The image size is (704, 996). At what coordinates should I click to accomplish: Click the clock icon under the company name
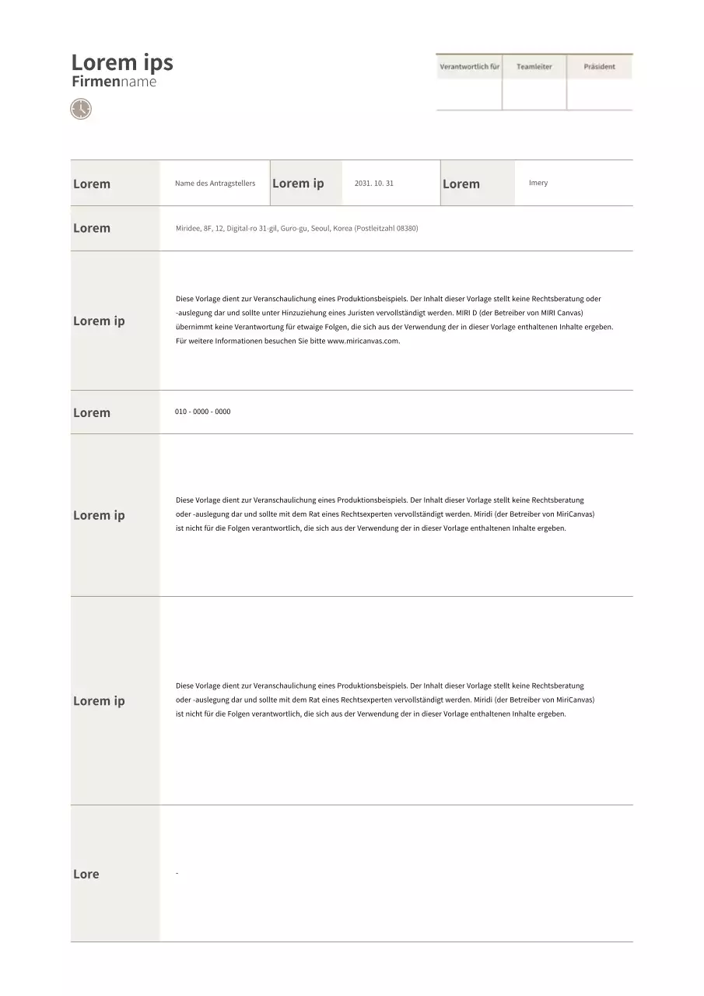(x=81, y=109)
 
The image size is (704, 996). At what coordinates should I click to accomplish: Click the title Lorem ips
(x=122, y=62)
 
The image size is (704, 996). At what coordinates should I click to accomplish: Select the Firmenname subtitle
(x=114, y=82)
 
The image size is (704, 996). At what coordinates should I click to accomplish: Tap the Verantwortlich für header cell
(x=469, y=67)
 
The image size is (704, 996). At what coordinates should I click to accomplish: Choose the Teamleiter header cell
(x=534, y=67)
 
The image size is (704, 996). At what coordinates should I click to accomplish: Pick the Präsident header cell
(x=599, y=67)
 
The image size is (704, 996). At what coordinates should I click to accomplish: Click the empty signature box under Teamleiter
(x=534, y=94)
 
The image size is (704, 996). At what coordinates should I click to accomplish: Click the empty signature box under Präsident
(x=599, y=94)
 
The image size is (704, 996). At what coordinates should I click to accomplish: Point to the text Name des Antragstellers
(x=215, y=184)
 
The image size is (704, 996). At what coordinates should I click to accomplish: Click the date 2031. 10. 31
(x=374, y=184)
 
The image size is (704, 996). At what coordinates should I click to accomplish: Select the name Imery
(x=538, y=183)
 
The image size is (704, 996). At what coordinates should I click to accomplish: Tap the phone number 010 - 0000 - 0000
(x=202, y=412)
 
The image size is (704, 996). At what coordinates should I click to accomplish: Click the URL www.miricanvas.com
(x=363, y=341)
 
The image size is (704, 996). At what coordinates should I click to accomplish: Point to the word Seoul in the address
(x=320, y=229)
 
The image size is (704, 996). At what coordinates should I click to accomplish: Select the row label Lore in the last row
(x=86, y=874)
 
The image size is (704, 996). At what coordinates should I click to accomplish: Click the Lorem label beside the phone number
(x=92, y=412)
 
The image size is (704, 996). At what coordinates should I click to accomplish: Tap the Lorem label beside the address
(x=92, y=228)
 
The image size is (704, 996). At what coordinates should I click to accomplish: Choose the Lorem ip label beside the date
(x=298, y=183)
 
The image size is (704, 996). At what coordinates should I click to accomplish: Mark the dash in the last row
(x=177, y=874)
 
